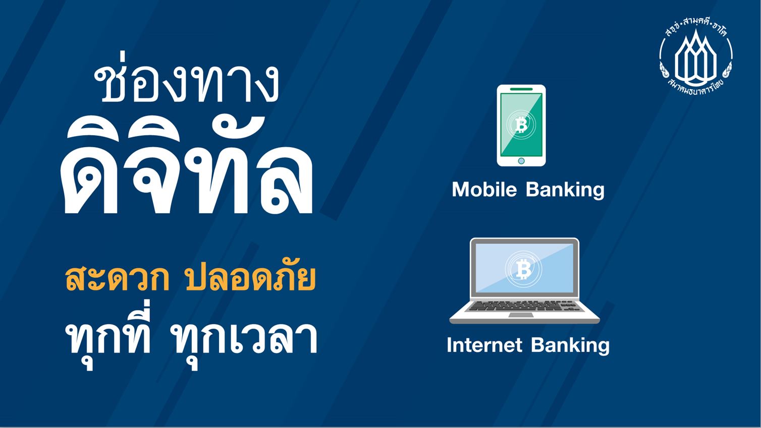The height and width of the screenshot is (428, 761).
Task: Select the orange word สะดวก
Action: coord(117,278)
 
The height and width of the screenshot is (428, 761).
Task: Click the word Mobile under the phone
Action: coord(484,189)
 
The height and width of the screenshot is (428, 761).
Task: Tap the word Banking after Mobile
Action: coord(565,190)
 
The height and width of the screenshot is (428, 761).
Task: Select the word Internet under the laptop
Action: coord(484,345)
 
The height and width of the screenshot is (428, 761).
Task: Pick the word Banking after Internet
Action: coord(571,345)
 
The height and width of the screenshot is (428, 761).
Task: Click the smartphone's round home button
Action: coord(521,161)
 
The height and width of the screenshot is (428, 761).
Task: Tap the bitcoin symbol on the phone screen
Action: coord(521,125)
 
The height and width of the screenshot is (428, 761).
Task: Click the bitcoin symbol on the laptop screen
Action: coord(523,269)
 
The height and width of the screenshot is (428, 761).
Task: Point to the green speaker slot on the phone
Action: coord(521,89)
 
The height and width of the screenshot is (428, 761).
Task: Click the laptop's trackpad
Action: coord(521,315)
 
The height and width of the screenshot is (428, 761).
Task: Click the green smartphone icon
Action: coord(521,126)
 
